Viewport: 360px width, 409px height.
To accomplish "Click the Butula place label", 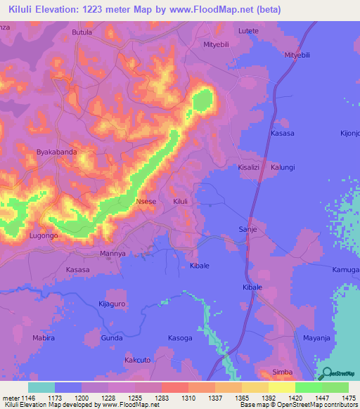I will click(82, 32).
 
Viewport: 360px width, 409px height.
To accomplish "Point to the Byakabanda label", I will click(56, 152).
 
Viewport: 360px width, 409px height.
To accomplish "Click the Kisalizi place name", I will click(251, 167).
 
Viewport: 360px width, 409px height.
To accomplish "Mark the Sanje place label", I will click(247, 229).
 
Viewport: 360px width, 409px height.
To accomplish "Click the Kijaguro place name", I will click(111, 304).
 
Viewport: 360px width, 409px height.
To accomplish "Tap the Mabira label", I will click(43, 338).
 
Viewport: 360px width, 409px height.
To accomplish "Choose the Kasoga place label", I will click(180, 338).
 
